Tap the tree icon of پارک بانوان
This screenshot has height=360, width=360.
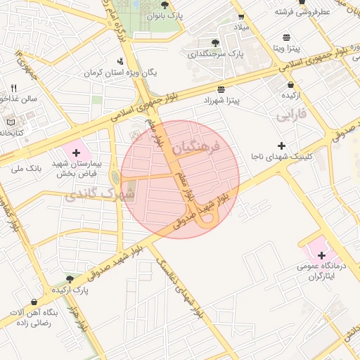165,5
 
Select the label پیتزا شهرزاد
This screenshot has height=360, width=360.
222,100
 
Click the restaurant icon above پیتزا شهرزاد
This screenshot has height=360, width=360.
222,89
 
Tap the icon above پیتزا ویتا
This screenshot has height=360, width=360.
286,37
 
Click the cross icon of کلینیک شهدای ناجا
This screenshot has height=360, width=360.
281,145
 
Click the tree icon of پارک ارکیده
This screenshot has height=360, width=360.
69,279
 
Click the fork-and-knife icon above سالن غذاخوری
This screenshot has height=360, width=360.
13,88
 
